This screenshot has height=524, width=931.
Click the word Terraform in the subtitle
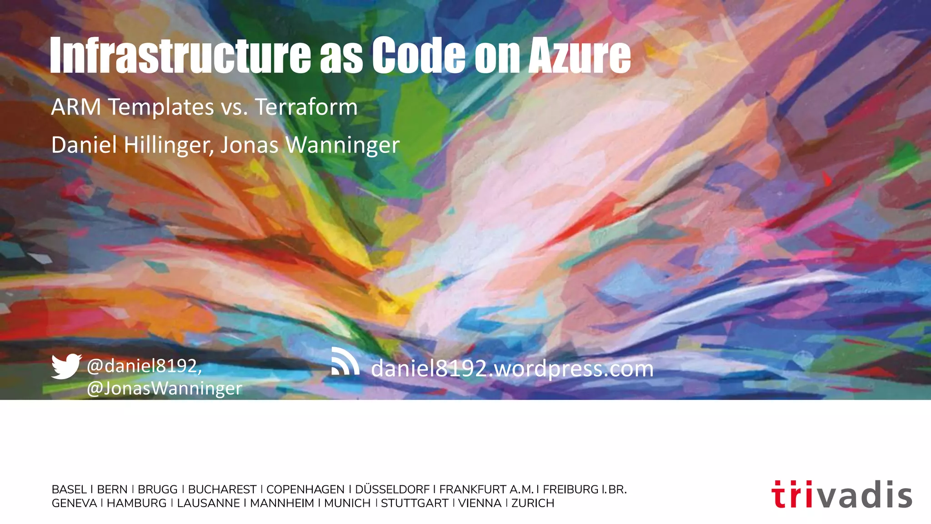click(306, 107)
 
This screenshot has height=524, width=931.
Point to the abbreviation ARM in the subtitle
click(76, 107)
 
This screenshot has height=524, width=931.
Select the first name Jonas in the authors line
click(249, 146)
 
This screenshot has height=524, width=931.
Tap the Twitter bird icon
click(66, 366)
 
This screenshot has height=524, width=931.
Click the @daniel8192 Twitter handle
click(144, 366)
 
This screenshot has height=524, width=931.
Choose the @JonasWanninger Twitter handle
click(164, 388)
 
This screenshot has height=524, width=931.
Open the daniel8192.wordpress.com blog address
click(512, 368)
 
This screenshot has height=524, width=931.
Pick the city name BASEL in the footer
click(69, 489)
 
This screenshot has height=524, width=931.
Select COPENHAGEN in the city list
click(305, 489)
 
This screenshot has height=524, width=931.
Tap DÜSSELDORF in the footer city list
click(392, 489)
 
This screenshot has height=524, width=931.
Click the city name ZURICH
click(532, 503)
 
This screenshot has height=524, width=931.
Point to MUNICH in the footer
click(347, 503)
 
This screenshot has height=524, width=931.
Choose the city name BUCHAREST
click(222, 489)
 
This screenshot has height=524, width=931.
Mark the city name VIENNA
click(480, 503)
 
